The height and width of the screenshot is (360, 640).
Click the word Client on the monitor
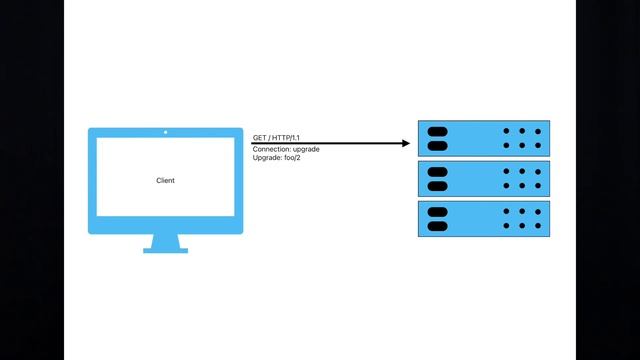pyautogui.click(x=165, y=181)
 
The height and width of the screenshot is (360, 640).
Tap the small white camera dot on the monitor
pyautogui.click(x=165, y=132)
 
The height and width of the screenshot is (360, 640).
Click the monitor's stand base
pyautogui.click(x=165, y=250)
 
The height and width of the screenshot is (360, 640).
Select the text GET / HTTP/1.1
pyautogui.click(x=277, y=137)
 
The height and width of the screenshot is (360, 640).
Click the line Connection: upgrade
pyautogui.click(x=285, y=149)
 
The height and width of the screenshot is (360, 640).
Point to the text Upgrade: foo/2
pyautogui.click(x=276, y=158)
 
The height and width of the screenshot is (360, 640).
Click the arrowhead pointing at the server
pyautogui.click(x=405, y=144)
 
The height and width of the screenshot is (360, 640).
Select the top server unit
pyautogui.click(x=483, y=138)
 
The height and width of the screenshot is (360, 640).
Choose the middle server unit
pyautogui.click(x=483, y=178)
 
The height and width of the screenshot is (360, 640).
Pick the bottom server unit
pyautogui.click(x=483, y=218)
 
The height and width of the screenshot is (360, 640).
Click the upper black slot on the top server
pyautogui.click(x=437, y=131)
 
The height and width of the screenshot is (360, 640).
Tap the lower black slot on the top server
pyautogui.click(x=437, y=146)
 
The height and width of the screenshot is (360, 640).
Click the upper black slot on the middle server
pyautogui.click(x=437, y=171)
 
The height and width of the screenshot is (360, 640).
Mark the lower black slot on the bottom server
pyautogui.click(x=437, y=226)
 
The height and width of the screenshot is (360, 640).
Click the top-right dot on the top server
pyautogui.click(x=537, y=131)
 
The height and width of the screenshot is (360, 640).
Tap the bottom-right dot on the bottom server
pyautogui.click(x=537, y=226)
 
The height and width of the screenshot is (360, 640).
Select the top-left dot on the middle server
pyautogui.click(x=506, y=171)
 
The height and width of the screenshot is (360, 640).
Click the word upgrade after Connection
pyautogui.click(x=303, y=149)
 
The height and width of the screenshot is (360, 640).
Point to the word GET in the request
pyautogui.click(x=259, y=137)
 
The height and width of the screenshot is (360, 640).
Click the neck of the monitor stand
pyautogui.click(x=165, y=240)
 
